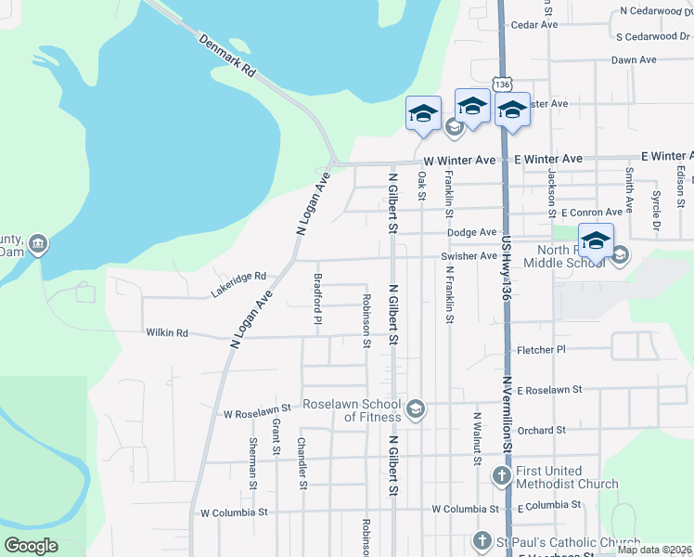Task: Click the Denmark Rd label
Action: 226,57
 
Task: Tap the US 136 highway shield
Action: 502,84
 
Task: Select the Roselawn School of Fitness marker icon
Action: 416,408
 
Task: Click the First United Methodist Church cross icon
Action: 501,477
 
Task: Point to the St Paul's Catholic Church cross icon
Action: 482,540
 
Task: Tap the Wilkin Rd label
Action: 167,332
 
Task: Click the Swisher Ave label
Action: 471,254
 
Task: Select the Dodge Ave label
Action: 471,232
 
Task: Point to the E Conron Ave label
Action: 584,213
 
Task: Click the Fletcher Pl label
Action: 541,349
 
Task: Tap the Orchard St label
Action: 542,430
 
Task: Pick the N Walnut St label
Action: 477,438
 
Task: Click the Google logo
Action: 31,546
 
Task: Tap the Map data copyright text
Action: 655,550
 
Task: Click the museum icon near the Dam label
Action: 38,244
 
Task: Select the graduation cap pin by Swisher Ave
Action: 596,240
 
